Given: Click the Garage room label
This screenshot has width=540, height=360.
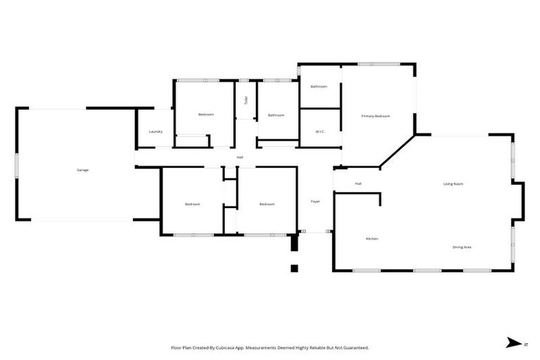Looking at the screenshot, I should point(82,169).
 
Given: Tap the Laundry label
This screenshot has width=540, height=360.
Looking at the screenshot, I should point(155,131).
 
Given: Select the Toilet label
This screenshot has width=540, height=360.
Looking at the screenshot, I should point(245,101).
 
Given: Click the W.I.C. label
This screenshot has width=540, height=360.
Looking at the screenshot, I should point(319,131).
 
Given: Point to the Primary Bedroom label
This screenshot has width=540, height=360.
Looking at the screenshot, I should point(375,116).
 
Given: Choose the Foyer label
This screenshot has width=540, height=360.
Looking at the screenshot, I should point(316,202).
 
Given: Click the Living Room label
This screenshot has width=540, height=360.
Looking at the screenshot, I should point(453,184).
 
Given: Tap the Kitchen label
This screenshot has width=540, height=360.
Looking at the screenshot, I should point(372,238).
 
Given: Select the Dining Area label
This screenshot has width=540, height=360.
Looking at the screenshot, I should point(461,247).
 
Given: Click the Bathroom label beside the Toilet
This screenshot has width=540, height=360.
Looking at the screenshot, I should point(276,115).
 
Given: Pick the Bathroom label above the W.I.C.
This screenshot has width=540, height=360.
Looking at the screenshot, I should point(319,86).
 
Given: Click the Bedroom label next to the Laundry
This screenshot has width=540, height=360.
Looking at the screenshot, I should point(205,115).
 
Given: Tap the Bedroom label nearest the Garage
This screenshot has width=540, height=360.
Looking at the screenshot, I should point(193,204).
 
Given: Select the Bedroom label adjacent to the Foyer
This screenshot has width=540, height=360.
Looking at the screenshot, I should point(266,204).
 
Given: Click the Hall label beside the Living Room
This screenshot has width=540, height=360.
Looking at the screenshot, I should point(358,184).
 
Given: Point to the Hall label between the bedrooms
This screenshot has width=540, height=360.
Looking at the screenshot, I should point(240,157).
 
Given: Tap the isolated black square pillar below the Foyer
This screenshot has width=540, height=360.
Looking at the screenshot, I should point(295,268).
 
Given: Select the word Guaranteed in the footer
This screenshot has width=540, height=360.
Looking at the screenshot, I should point(353,347).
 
